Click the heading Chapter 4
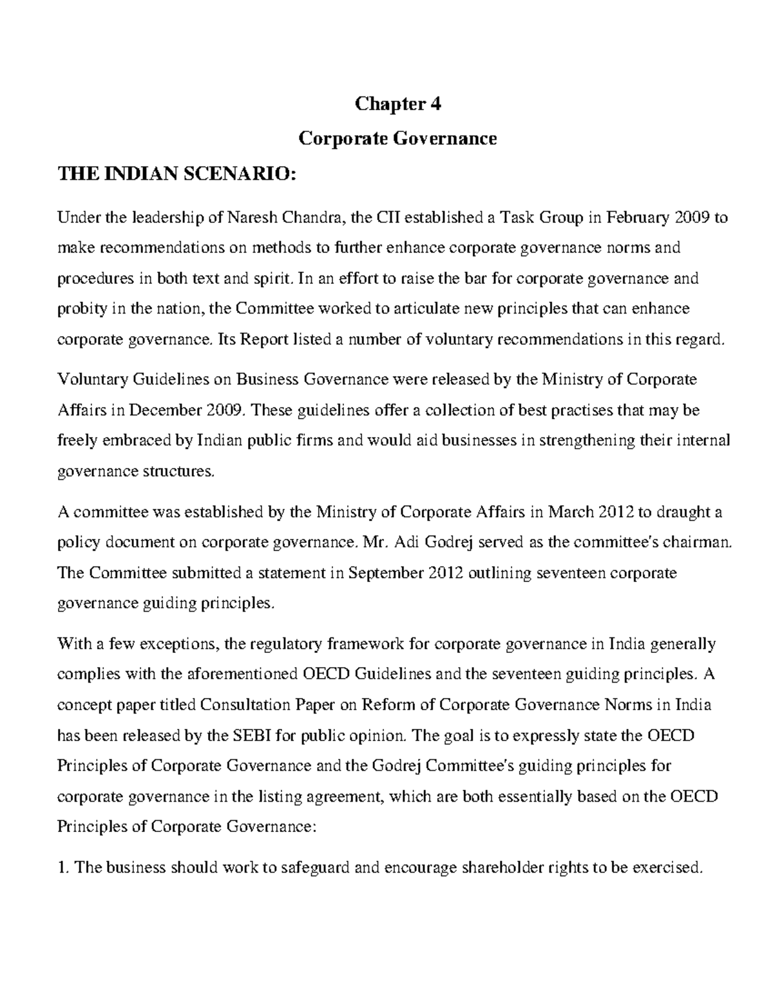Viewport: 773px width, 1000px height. click(x=398, y=104)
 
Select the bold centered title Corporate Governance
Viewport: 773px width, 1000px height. click(x=398, y=138)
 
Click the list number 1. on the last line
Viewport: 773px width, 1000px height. click(x=63, y=867)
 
